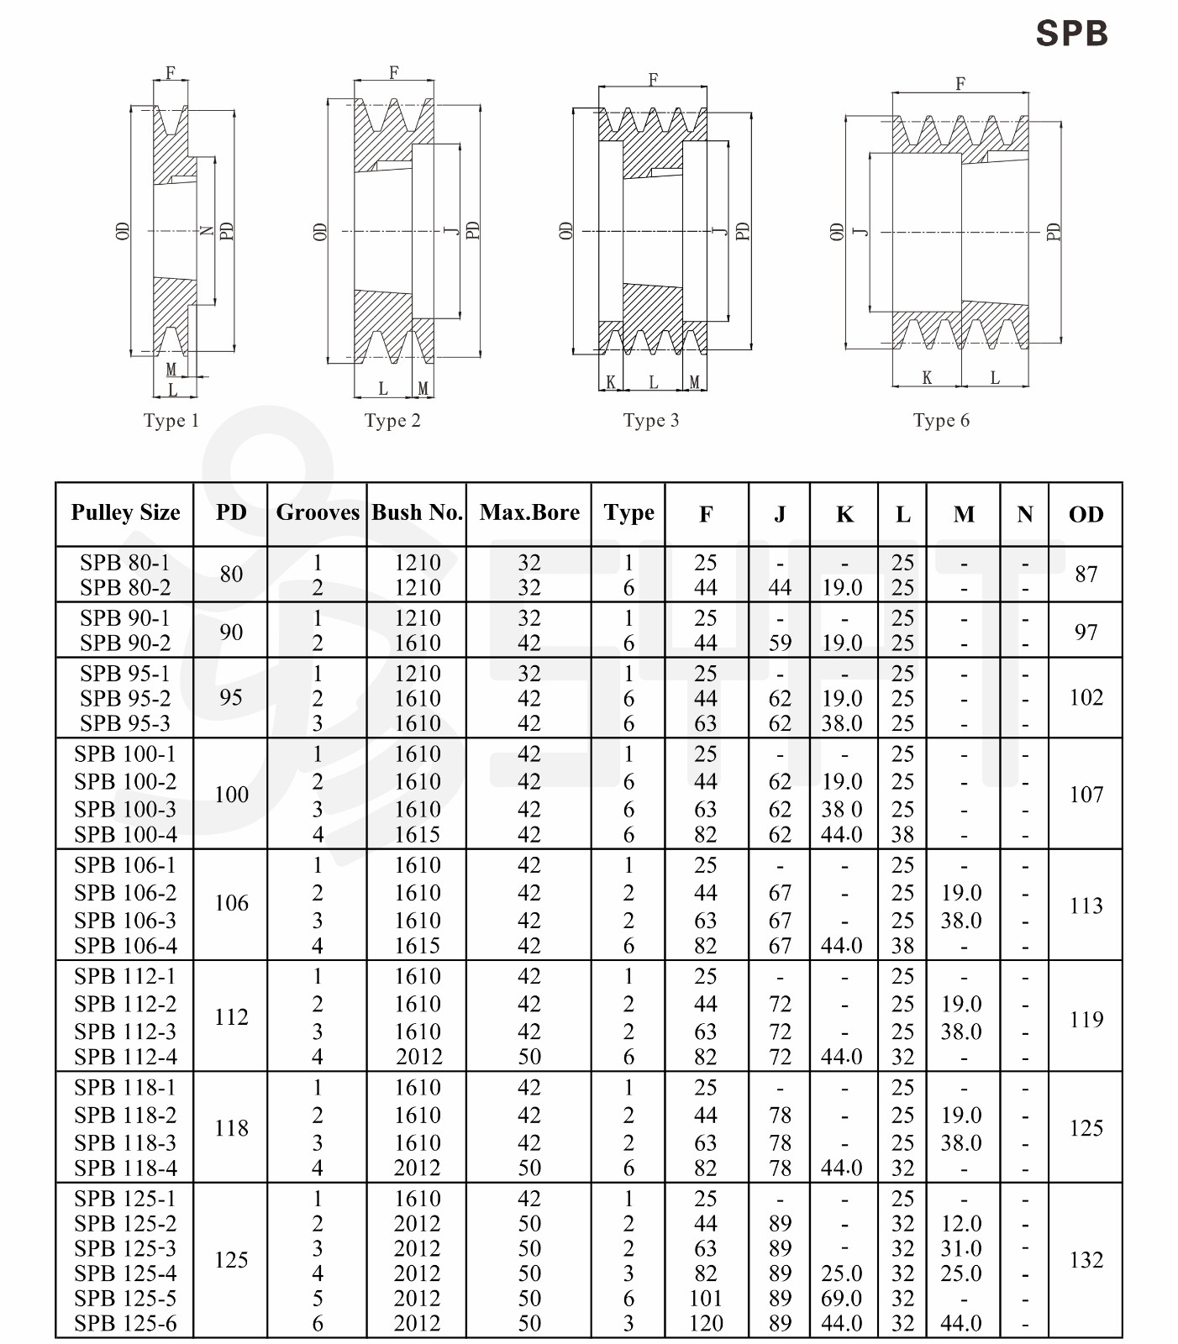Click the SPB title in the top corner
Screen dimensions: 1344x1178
(1071, 34)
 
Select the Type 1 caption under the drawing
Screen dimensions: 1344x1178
(171, 420)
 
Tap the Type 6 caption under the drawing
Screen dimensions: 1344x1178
(941, 420)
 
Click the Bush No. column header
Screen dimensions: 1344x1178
(417, 512)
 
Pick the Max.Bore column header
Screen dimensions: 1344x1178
(529, 512)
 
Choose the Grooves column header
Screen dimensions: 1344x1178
(318, 512)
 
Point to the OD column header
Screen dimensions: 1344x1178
(1086, 514)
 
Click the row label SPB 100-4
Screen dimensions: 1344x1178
(125, 834)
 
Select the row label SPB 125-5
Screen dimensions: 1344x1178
(125, 1298)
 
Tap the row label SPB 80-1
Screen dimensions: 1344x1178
(125, 562)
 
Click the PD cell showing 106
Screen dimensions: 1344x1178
(231, 903)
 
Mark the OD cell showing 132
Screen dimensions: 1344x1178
(1086, 1259)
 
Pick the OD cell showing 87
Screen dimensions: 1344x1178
(1086, 574)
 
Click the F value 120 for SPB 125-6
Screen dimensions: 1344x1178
(706, 1323)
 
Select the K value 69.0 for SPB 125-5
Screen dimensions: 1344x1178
(842, 1298)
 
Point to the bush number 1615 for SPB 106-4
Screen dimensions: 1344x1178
(418, 945)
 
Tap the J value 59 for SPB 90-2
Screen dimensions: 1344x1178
(780, 643)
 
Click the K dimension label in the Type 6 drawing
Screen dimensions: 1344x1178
(927, 378)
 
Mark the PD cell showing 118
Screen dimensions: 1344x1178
(231, 1127)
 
